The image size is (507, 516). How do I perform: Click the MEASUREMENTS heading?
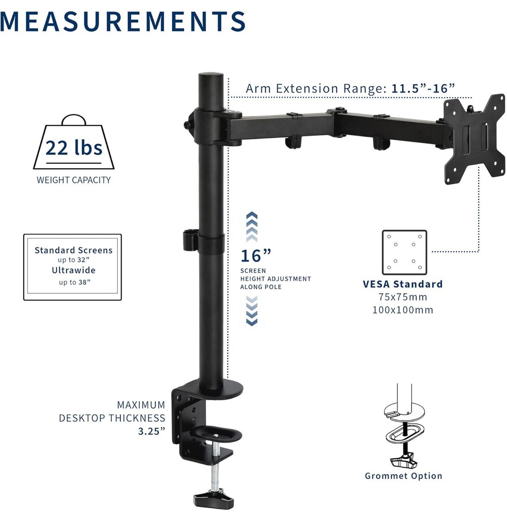(x=122, y=22)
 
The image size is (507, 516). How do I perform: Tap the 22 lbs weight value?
(x=74, y=148)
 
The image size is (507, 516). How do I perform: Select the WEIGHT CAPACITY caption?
(x=74, y=180)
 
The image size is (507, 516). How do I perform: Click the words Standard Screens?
(x=74, y=250)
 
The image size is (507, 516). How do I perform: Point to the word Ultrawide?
(x=74, y=270)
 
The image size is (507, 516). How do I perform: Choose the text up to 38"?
(x=75, y=282)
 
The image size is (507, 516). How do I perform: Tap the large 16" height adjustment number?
(x=256, y=256)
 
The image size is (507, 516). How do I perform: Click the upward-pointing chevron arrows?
(x=252, y=227)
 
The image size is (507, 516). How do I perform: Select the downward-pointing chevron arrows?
(x=252, y=311)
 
